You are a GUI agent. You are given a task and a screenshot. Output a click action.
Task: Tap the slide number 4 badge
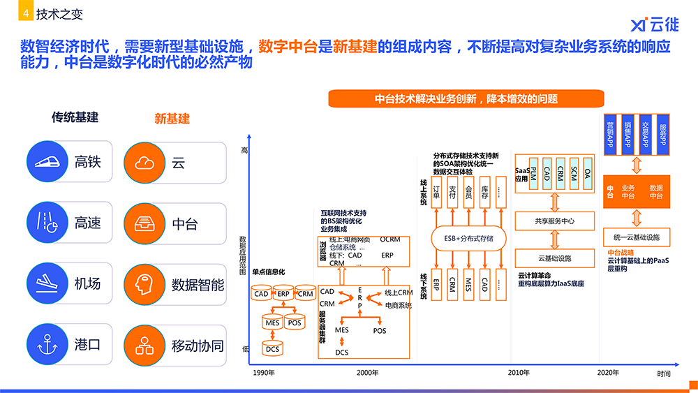point(25,13)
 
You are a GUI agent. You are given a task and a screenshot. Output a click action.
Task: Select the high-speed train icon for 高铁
point(45,162)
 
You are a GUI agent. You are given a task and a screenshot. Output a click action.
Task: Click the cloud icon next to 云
point(145,163)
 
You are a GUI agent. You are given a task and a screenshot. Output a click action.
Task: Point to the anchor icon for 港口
point(45,344)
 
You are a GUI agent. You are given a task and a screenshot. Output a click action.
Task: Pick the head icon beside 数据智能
point(145,284)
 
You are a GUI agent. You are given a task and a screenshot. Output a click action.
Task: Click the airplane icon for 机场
point(45,283)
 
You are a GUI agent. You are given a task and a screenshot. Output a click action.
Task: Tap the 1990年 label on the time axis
point(264,373)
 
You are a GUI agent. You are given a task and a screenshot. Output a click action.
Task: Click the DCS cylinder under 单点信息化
point(273,347)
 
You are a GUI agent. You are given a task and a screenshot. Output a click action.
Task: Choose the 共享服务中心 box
point(555,221)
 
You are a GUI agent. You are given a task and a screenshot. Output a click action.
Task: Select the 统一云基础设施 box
point(636,237)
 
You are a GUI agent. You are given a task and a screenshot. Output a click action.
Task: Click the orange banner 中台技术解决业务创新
point(466,98)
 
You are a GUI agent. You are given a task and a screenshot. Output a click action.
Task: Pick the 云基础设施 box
point(555,258)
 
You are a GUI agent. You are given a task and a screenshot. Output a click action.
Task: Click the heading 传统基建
point(75,117)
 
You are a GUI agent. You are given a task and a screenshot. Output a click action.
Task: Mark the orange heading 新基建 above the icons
point(172,118)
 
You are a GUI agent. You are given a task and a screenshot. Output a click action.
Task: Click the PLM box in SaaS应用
point(533,172)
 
